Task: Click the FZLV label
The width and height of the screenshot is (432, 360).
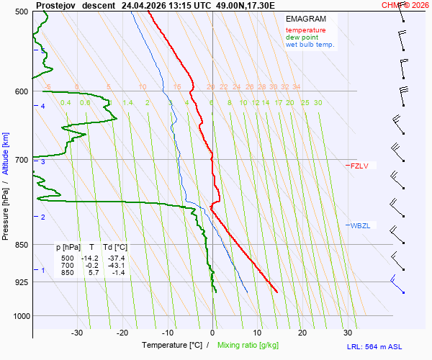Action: click(x=359, y=166)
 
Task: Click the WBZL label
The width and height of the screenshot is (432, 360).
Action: click(x=360, y=225)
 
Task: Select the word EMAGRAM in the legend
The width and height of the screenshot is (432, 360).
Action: click(x=305, y=19)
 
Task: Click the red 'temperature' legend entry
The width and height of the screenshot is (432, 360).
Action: click(x=305, y=30)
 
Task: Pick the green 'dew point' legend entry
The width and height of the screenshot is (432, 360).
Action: click(x=302, y=37)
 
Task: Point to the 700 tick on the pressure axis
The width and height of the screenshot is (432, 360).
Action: click(x=21, y=159)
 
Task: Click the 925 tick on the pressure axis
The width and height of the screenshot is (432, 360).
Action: click(x=21, y=282)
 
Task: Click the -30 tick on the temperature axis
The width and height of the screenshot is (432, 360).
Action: click(x=77, y=333)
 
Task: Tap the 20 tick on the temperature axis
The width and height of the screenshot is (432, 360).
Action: click(x=302, y=333)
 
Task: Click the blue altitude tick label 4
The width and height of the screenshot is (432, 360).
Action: click(x=42, y=106)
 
